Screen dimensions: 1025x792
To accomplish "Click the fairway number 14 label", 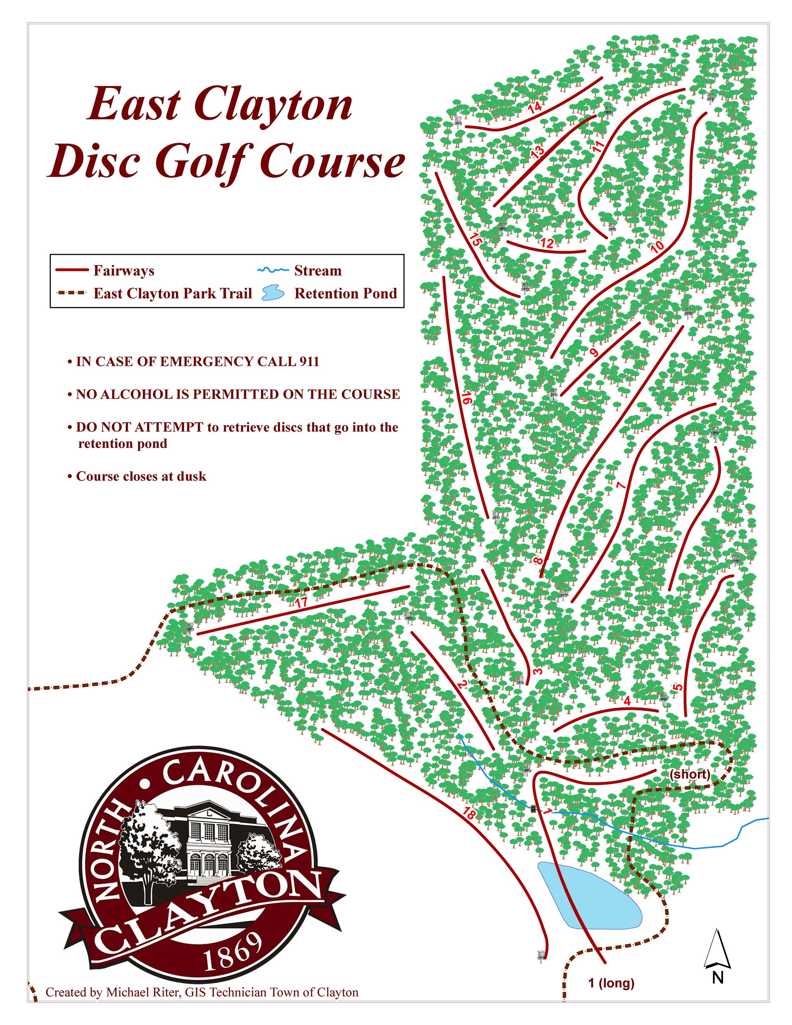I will (535, 107).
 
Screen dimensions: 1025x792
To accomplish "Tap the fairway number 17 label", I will (301, 602).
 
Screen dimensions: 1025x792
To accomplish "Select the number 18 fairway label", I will (469, 813).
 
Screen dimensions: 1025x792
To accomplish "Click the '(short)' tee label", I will (689, 774).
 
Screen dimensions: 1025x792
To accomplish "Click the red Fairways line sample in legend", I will (72, 270).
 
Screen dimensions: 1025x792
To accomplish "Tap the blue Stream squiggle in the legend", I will (272, 270).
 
